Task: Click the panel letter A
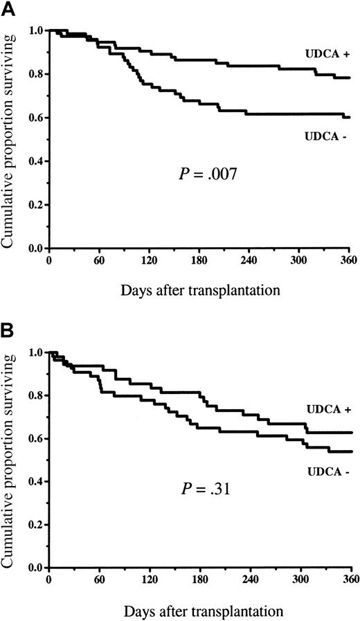click(8, 8)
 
